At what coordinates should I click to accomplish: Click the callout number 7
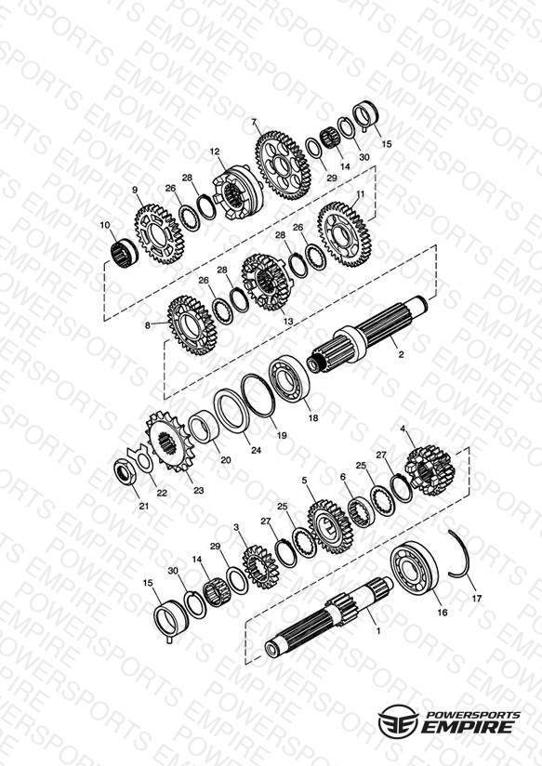pos(253,122)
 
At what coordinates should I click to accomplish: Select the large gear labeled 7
pos(281,165)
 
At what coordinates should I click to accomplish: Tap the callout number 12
pos(215,152)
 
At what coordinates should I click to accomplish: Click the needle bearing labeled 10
pos(123,253)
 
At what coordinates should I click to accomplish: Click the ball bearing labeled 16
pos(414,570)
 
